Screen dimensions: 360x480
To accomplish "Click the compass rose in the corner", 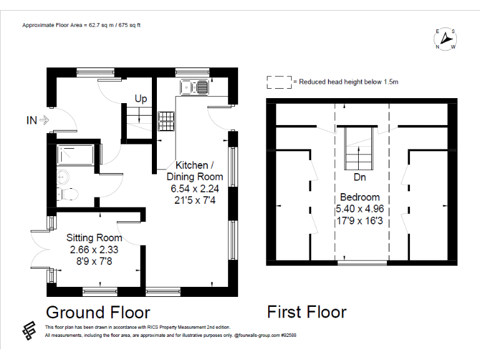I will point(445,39).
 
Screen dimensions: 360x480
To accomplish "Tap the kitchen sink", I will point(194,87).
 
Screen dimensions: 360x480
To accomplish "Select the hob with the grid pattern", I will point(166,119).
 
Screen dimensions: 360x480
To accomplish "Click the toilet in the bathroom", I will point(69,194).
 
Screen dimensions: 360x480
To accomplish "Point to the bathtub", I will point(75,155).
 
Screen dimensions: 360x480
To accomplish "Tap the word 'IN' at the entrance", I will point(31,120).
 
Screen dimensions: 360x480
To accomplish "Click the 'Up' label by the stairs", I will point(141,99).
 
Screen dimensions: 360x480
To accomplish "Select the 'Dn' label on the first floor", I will point(359,177).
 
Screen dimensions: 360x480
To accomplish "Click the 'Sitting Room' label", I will point(94,237).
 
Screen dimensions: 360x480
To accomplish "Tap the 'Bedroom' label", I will point(359,197).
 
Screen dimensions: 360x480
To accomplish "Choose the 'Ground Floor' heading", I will point(98,311).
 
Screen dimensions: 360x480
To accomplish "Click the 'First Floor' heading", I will point(306,311).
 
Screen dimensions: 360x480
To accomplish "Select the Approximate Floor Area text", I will point(81,26).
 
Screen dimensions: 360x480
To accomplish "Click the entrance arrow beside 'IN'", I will point(45,120).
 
